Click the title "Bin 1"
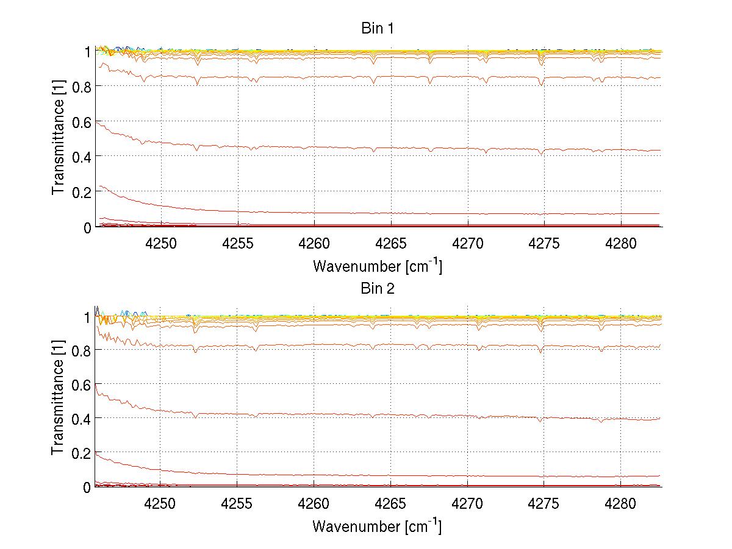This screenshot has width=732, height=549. pyautogui.click(x=378, y=28)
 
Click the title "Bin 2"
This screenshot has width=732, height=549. pyautogui.click(x=378, y=288)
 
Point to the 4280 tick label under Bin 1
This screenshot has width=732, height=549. pyautogui.click(x=621, y=243)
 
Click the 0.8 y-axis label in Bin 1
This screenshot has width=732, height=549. pyautogui.click(x=81, y=87)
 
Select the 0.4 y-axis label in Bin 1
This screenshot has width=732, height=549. pyautogui.click(x=81, y=157)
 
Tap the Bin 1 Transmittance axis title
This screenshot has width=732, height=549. pyautogui.click(x=58, y=139)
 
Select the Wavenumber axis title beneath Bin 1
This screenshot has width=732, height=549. pyautogui.click(x=377, y=266)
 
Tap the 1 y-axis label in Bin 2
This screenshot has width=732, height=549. pyautogui.click(x=87, y=317)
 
